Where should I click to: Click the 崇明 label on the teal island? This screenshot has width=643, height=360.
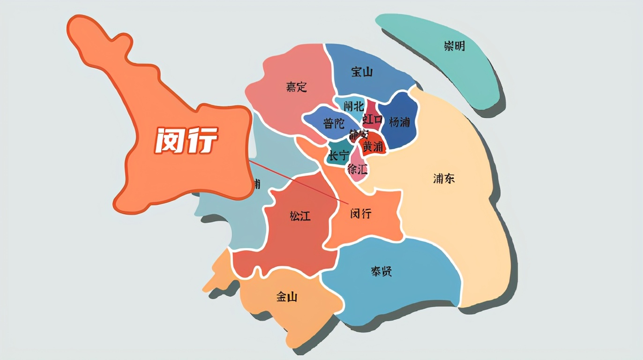(x=454, y=46)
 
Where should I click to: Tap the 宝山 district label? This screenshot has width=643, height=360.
(x=362, y=72)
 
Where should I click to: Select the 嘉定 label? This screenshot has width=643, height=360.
(x=296, y=87)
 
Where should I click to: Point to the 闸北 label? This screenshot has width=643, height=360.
(x=353, y=106)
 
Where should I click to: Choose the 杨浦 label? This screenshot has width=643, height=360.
(x=399, y=122)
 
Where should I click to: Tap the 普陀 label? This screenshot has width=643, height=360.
(x=334, y=123)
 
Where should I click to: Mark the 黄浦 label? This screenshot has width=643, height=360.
(x=373, y=146)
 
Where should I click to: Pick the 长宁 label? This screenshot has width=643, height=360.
(x=338, y=156)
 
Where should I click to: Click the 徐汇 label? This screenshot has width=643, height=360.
(x=358, y=169)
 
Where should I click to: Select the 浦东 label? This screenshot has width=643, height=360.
(x=443, y=179)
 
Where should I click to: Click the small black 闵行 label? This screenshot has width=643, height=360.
(x=361, y=214)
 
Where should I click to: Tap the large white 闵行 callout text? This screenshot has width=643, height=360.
(x=186, y=140)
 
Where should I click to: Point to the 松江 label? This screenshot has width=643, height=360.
(x=300, y=216)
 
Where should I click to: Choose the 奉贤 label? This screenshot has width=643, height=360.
(x=381, y=271)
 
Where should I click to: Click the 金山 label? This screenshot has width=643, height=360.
(x=286, y=296)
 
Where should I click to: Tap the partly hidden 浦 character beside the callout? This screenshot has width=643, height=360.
(x=256, y=184)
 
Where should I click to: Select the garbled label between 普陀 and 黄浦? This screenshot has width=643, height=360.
(x=359, y=135)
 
